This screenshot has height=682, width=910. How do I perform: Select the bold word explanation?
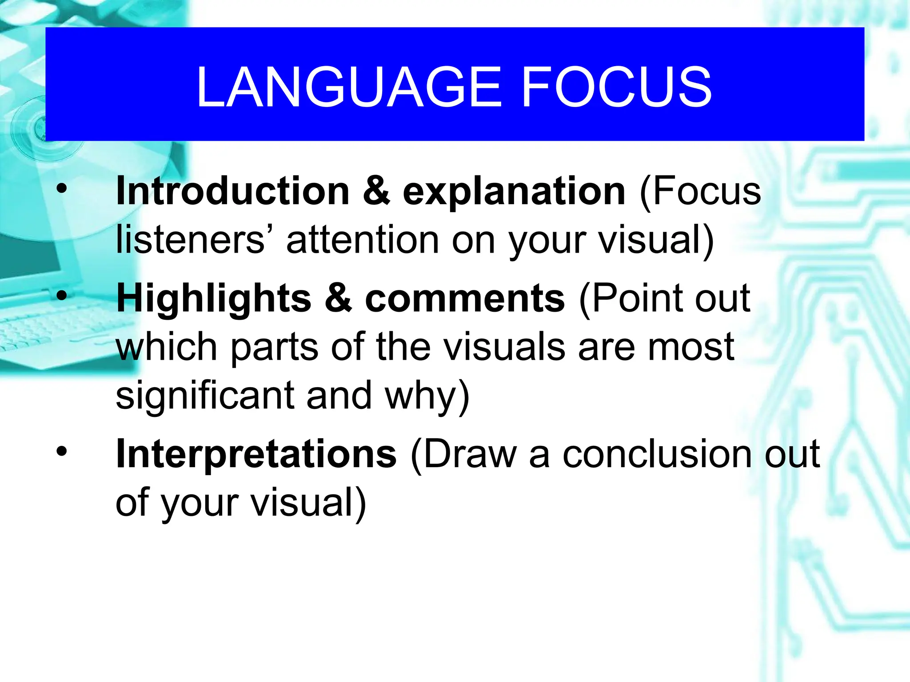tap(514, 191)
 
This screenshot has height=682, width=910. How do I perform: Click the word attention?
tap(362, 240)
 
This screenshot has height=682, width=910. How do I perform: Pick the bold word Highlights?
tap(214, 298)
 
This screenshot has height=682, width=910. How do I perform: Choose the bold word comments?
tap(465, 298)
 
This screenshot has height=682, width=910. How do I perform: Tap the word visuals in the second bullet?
tap(505, 347)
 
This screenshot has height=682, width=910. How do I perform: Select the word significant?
tap(205, 395)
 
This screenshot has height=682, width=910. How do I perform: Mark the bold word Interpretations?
tap(256, 454)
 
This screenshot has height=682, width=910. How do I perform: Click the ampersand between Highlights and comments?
tap(338, 298)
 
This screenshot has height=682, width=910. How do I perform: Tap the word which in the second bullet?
tap(167, 347)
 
